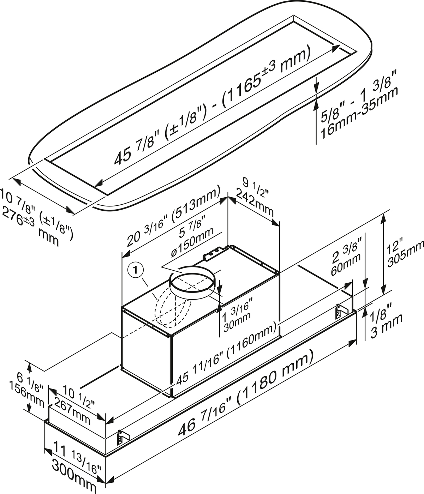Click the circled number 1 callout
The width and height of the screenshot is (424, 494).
136,271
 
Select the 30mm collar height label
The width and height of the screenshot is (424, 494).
237,319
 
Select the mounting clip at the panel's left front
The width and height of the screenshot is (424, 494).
121,438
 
